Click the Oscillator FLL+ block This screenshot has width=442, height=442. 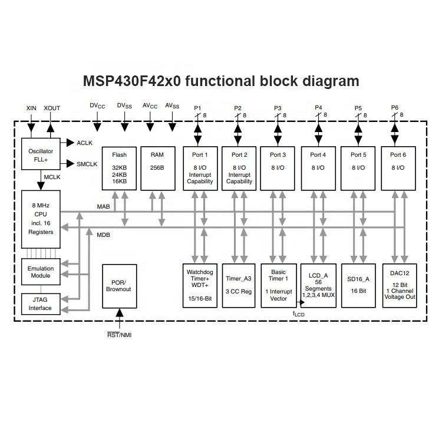pyautogui.click(x=41, y=155)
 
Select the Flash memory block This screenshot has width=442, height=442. pyautogui.click(x=119, y=168)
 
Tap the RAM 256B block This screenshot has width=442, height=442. pyautogui.click(x=157, y=168)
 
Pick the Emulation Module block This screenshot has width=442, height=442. pyautogui.click(x=41, y=272)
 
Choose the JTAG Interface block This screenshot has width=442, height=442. pyautogui.click(x=41, y=304)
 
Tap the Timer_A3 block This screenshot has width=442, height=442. pyautogui.click(x=238, y=285)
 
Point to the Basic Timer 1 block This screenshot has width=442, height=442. pyautogui.click(x=278, y=285)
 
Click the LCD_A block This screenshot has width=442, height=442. pyautogui.click(x=318, y=285)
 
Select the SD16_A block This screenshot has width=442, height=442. pyautogui.click(x=358, y=285)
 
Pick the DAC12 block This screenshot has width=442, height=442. pyautogui.click(x=398, y=285)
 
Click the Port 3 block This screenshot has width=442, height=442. pyautogui.click(x=278, y=168)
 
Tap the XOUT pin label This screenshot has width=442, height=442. pyautogui.click(x=52, y=108)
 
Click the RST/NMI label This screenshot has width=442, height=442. pyautogui.click(x=120, y=335)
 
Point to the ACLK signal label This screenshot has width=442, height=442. pyautogui.click(x=85, y=143)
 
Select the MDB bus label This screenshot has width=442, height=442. pyautogui.click(x=103, y=235)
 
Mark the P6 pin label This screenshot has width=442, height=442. pyautogui.click(x=395, y=108)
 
